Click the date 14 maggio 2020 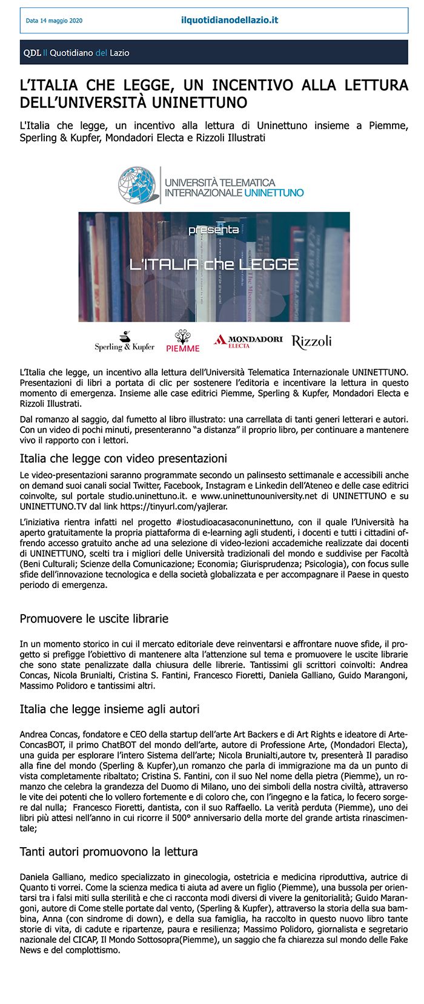54,21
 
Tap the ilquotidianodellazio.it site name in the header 230,20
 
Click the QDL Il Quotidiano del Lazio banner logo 76,53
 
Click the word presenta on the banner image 213,230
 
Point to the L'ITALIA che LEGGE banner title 214,264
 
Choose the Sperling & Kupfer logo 124,343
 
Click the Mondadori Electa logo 248,342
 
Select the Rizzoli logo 311,342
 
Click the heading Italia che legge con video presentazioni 124,458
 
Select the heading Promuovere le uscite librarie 94,619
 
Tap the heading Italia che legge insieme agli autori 110,709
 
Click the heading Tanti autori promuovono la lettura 109,852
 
